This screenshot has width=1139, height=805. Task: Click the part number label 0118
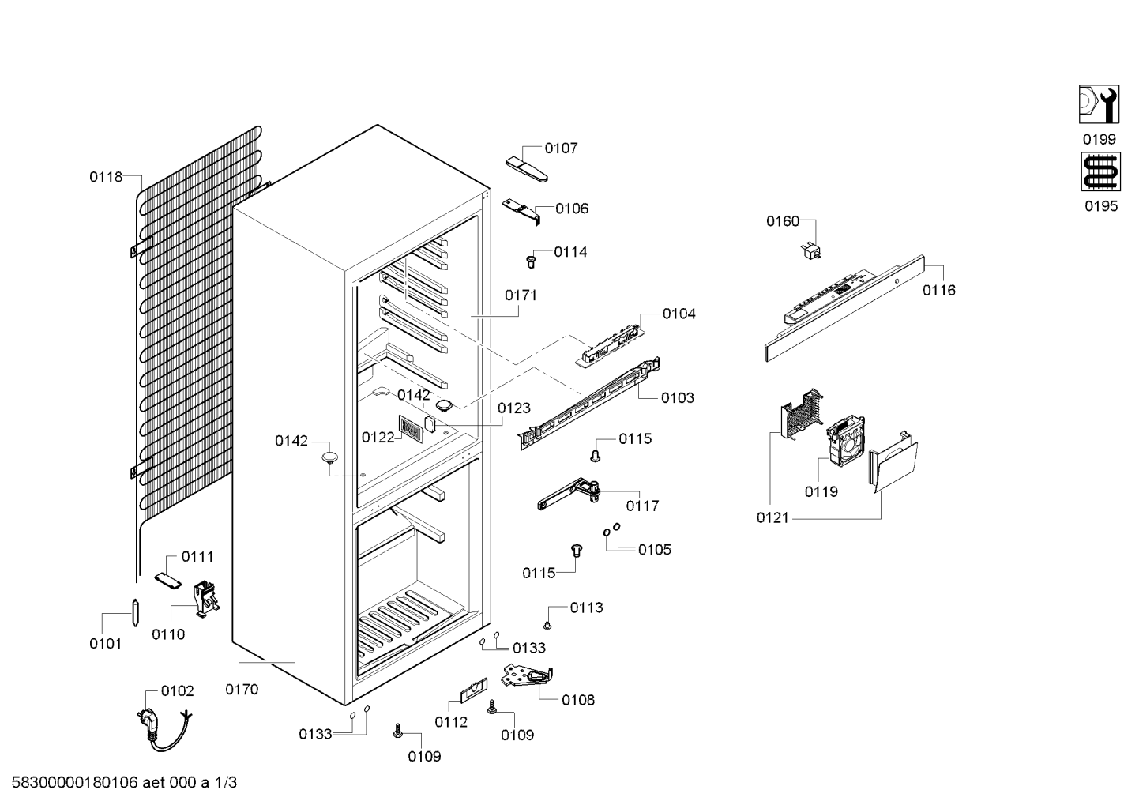click(x=106, y=177)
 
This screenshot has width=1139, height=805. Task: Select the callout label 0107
click(x=561, y=148)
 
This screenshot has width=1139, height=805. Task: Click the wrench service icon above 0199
click(x=1099, y=103)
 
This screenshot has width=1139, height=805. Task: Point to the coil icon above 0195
click(x=1101, y=172)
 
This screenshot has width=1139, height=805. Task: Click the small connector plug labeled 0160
click(x=811, y=251)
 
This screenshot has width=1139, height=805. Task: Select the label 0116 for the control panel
click(x=939, y=291)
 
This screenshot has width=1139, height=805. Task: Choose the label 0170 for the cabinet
click(x=242, y=690)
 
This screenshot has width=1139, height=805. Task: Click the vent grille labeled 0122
click(x=410, y=427)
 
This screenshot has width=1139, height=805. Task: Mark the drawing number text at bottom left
click(x=125, y=783)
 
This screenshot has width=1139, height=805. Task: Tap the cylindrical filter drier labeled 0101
click(x=135, y=613)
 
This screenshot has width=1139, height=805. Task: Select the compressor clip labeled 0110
click(x=205, y=599)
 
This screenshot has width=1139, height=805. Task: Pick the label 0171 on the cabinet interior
click(x=521, y=295)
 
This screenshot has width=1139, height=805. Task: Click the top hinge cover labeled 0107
click(x=527, y=169)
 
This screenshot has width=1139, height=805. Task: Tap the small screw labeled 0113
click(x=547, y=625)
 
